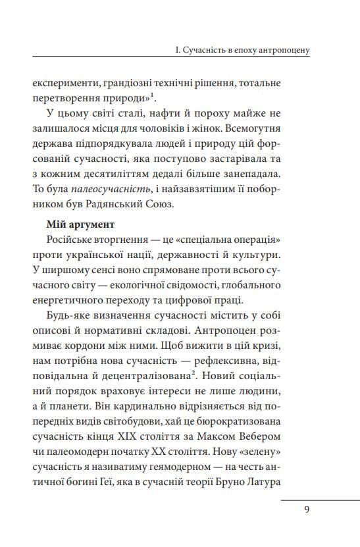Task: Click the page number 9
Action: coord(307,508)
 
